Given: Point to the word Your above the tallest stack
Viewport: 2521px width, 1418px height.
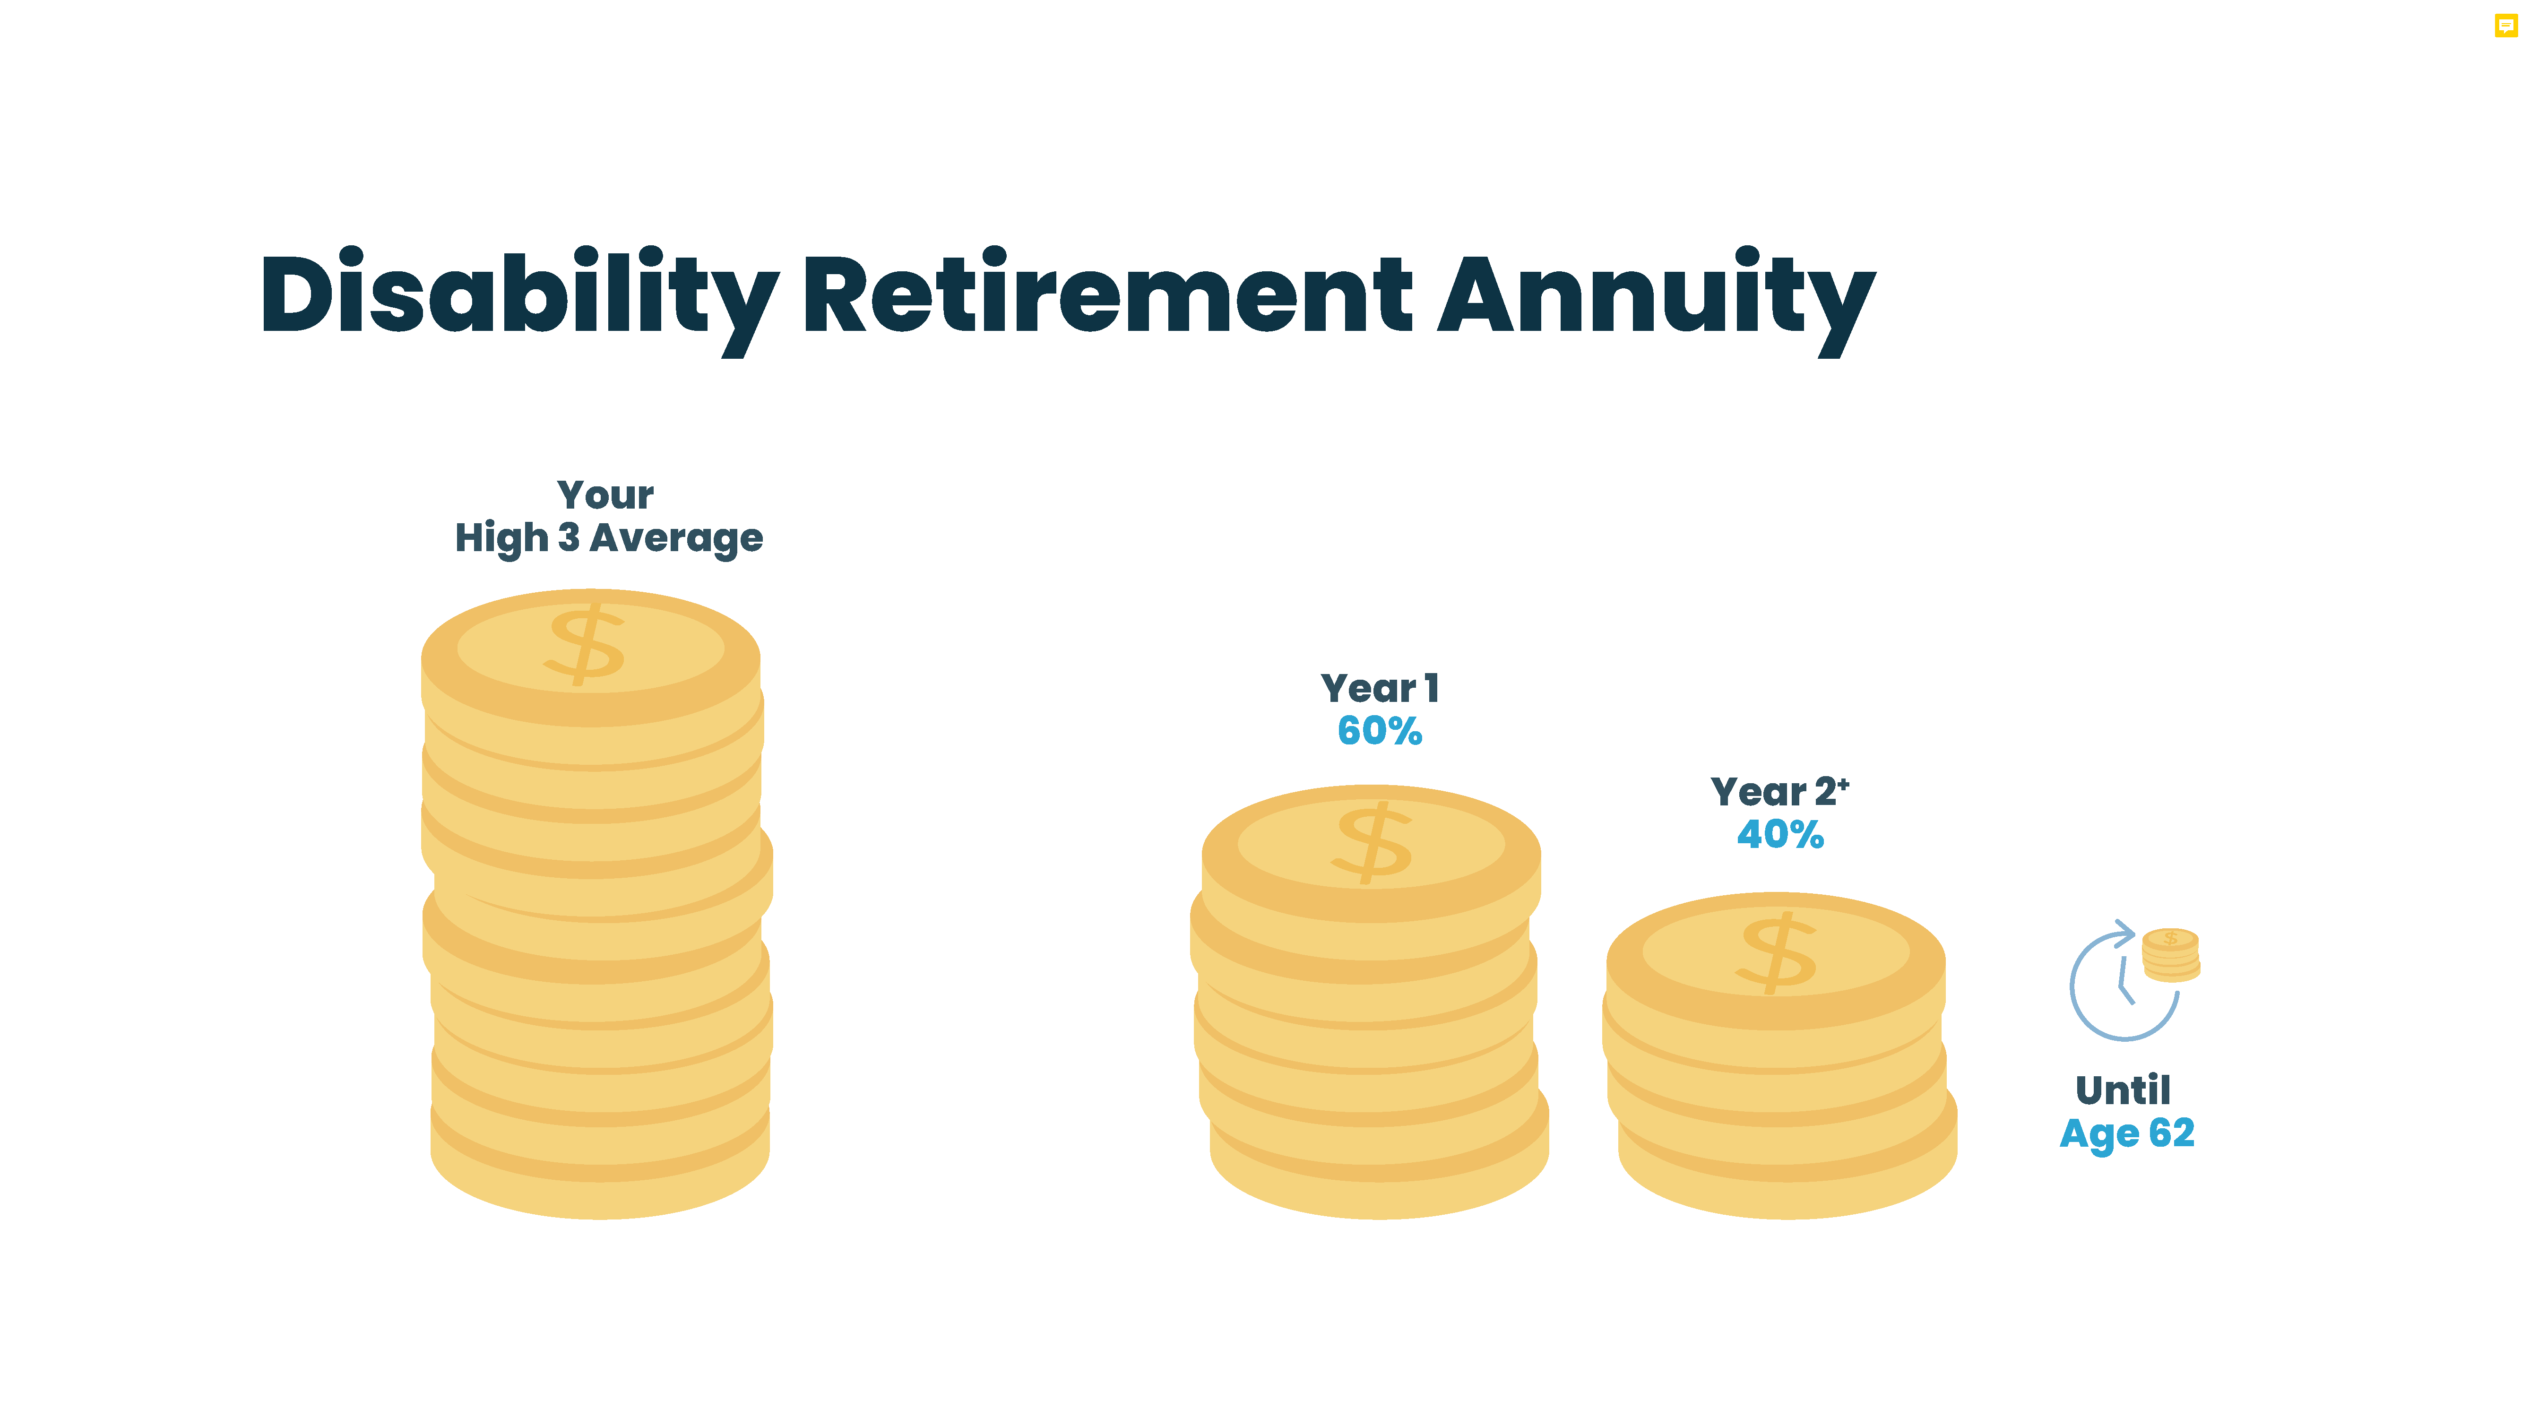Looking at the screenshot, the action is pos(606,495).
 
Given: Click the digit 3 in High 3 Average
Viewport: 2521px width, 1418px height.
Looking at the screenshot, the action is pos(569,537).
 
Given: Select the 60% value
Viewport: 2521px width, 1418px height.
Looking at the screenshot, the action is pos(1380,731).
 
